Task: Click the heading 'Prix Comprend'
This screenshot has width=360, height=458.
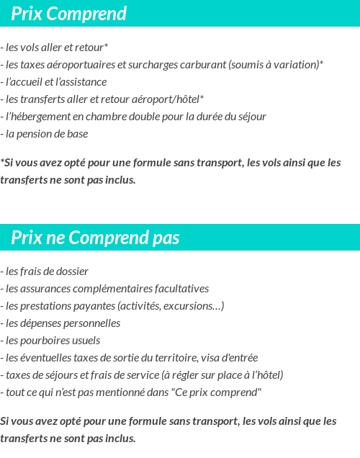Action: [69, 14]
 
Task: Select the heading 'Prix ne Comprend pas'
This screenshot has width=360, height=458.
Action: [96, 238]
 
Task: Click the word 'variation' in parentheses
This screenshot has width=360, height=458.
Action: [297, 65]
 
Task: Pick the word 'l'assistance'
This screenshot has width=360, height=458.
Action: [81, 82]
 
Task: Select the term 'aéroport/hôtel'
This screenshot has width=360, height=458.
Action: [170, 99]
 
